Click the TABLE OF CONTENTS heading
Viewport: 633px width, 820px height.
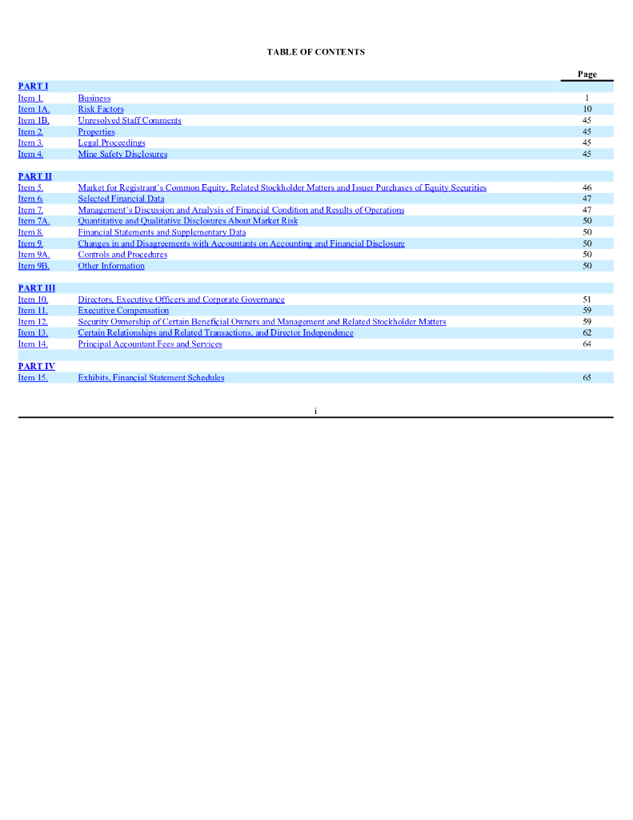(x=315, y=52)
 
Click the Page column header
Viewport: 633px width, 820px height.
(x=587, y=74)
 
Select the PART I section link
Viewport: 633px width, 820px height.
(x=33, y=86)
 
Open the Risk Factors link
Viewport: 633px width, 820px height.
(x=101, y=109)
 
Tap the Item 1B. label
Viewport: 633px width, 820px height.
(x=34, y=120)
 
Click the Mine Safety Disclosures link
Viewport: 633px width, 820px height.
(x=122, y=154)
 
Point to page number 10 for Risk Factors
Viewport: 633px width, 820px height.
(x=587, y=109)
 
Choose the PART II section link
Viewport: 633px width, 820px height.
(x=34, y=176)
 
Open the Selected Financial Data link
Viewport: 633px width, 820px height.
(x=121, y=199)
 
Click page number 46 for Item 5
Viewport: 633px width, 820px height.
(x=587, y=187)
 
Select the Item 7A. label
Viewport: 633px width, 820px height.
(x=34, y=221)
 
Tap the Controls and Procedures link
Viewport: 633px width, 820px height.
(x=122, y=255)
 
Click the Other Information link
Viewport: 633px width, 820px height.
(x=111, y=266)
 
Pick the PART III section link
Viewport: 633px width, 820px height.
(x=36, y=287)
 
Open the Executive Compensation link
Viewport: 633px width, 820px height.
(x=123, y=310)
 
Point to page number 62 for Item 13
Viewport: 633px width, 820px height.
(x=587, y=332)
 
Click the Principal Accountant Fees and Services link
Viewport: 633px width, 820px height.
(x=150, y=344)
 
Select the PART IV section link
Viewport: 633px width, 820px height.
(x=36, y=366)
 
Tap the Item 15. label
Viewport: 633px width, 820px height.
(x=33, y=377)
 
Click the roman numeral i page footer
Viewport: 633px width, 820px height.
(x=315, y=411)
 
